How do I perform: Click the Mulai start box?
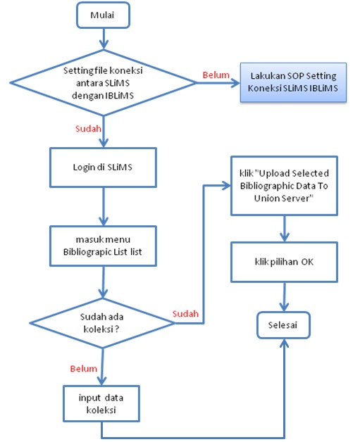coord(103,15)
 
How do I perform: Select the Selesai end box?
coord(283,325)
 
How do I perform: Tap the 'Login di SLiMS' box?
coord(103,168)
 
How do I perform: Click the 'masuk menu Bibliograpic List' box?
coord(103,246)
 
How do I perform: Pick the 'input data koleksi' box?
coord(101,404)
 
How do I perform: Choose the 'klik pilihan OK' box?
coord(284,262)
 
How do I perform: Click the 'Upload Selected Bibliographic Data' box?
coord(284,186)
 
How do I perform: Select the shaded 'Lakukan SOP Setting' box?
coord(293,82)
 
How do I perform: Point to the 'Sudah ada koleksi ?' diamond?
coord(102,323)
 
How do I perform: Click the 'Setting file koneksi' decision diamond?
coord(104,83)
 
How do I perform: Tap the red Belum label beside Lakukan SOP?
coord(216,75)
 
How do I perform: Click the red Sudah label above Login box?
coord(88,129)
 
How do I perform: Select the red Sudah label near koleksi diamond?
coord(185,314)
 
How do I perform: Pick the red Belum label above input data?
coord(84,369)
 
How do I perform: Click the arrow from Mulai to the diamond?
coord(104,39)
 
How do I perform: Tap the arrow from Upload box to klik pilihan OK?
coord(285,229)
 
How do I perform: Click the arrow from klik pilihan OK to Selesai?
coord(284,297)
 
